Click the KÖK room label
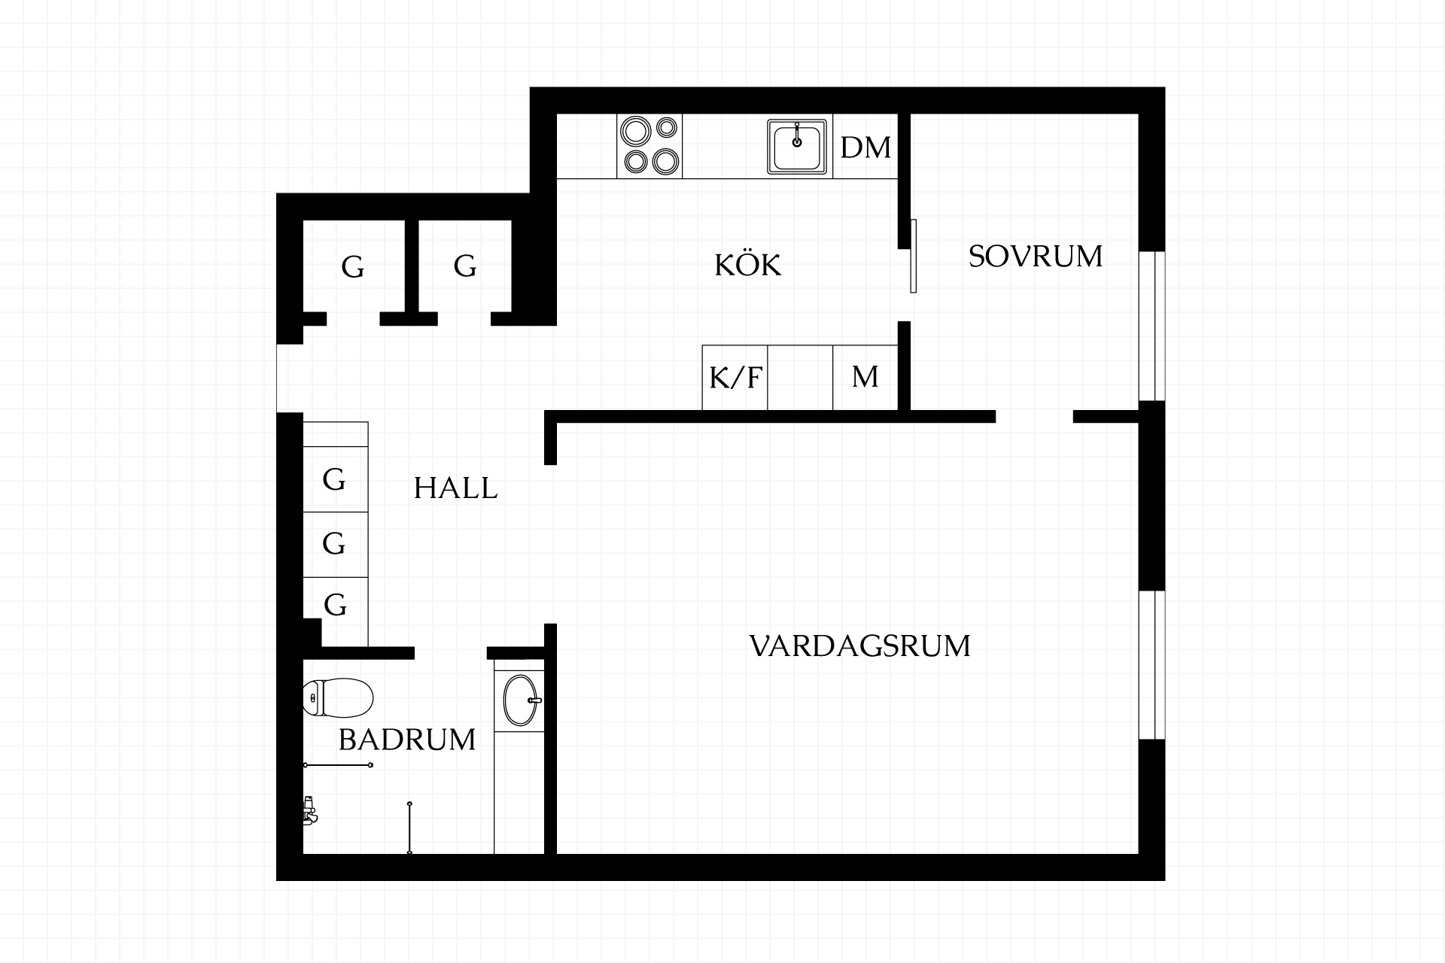pos(747,265)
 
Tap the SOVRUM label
pos(1035,257)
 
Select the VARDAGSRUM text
pos(860,646)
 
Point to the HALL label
pos(455,488)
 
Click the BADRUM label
pos(407,740)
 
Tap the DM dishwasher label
pos(865,147)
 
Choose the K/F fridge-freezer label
pos(735,377)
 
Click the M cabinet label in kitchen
pos(865,376)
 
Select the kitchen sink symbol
pos(797,147)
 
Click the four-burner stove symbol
pos(649,147)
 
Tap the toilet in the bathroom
pos(338,697)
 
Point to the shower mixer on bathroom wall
pos(309,811)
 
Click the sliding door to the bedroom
pos(913,256)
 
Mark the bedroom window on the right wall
pos(1151,326)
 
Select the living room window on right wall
pos(1151,665)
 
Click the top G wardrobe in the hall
pos(336,479)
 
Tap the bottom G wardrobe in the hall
pos(336,605)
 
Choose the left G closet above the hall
pos(353,266)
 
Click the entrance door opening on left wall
pos(290,378)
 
